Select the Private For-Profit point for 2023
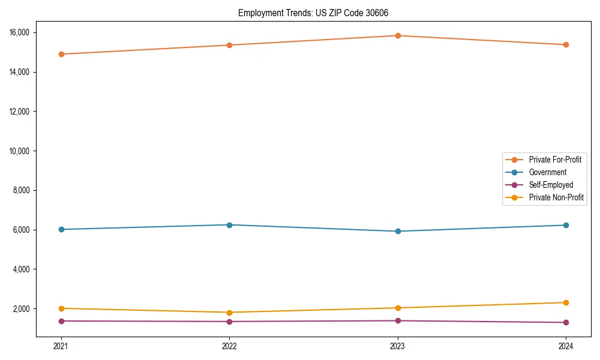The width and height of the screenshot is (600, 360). [398, 35]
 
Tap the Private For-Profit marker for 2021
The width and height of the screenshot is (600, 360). [61, 54]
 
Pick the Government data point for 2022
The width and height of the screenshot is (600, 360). [229, 225]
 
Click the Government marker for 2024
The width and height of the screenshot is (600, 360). [566, 225]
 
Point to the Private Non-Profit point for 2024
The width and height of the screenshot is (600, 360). [566, 302]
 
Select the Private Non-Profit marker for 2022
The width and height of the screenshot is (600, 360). [229, 313]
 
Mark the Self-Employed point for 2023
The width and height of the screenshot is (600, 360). [398, 320]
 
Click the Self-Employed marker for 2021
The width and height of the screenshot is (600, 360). [61, 321]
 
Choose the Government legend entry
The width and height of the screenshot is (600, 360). [547, 172]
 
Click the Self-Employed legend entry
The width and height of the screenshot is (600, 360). [551, 185]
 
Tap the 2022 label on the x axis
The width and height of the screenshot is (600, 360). [229, 346]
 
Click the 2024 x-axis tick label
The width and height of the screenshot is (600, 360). [566, 346]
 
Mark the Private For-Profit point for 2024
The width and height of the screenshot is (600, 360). [566, 45]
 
